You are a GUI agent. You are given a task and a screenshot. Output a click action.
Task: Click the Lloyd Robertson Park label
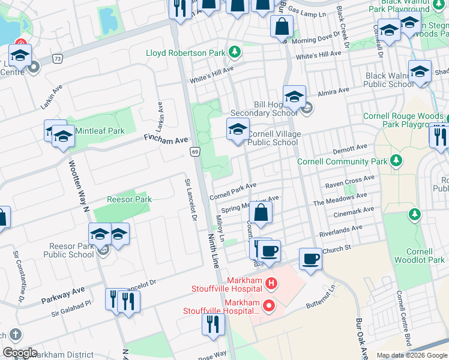[185, 53]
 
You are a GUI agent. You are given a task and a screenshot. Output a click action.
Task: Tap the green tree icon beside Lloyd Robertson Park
[235, 52]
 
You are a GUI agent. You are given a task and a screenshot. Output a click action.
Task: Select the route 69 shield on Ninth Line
[195, 152]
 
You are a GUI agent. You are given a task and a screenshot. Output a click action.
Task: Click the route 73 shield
[58, 58]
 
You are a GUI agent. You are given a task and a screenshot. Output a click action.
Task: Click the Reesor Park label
[129, 199]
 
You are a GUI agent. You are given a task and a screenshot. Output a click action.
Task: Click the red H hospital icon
[271, 283]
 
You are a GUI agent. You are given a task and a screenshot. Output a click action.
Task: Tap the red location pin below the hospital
[268, 307]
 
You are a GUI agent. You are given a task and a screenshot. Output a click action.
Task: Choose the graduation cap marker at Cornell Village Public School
[238, 130]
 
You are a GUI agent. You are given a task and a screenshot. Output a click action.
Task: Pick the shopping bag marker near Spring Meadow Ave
[261, 213]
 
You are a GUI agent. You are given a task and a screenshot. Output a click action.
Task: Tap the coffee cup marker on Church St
[310, 259]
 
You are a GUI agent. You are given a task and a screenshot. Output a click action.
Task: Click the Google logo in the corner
[20, 353]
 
